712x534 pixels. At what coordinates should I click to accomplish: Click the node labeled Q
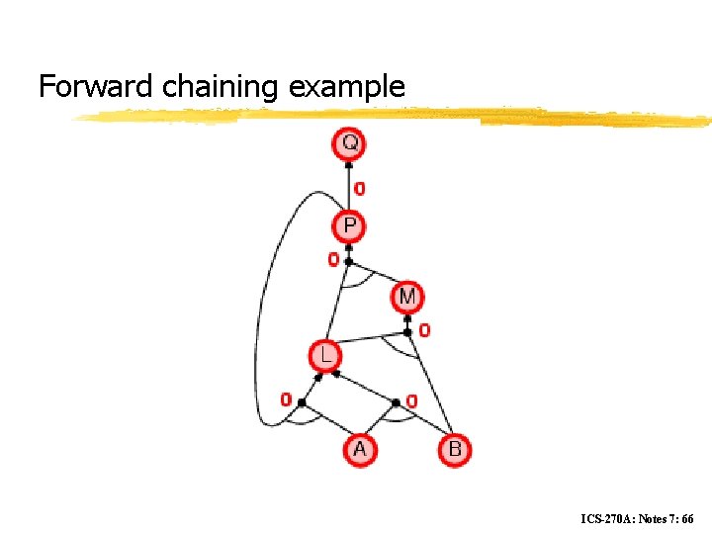349,144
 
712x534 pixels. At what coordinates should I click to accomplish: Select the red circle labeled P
349,227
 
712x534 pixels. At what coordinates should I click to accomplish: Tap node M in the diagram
407,296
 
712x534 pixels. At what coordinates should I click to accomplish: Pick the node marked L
324,354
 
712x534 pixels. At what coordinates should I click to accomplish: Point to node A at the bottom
359,450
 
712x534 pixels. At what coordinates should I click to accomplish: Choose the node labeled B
454,450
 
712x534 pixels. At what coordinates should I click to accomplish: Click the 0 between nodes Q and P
360,188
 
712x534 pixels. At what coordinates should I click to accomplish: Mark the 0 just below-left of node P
333,260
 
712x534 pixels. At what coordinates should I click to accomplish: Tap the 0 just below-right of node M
424,330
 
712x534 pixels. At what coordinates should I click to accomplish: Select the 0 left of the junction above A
286,400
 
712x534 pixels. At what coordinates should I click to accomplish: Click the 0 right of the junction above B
411,400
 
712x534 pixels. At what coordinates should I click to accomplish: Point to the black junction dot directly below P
349,262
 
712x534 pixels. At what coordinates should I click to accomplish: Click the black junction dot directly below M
407,332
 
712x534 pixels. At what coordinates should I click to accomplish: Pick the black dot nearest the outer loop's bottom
302,402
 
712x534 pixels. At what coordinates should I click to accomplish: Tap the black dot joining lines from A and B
396,402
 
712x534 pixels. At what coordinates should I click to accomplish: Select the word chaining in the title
221,87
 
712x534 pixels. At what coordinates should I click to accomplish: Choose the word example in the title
347,87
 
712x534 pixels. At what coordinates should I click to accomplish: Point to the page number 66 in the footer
687,518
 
